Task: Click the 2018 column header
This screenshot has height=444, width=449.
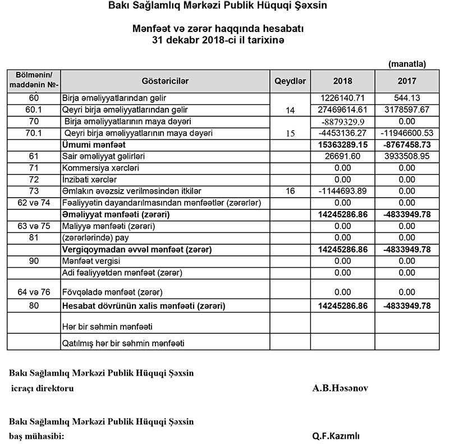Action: (342, 81)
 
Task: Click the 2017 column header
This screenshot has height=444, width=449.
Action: (406, 81)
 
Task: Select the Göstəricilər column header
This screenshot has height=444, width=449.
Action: (166, 81)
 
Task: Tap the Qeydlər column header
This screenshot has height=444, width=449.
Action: (290, 81)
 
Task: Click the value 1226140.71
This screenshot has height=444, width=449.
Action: (342, 98)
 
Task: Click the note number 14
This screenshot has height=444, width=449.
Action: (290, 111)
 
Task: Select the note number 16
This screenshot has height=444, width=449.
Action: (290, 191)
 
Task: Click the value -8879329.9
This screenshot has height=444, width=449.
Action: (342, 121)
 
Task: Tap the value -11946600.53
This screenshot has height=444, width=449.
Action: (406, 133)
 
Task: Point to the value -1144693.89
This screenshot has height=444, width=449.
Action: (342, 191)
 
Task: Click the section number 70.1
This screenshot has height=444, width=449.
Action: (34, 133)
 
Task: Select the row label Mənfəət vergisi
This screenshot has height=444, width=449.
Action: (88, 261)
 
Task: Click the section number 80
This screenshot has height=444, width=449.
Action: (34, 306)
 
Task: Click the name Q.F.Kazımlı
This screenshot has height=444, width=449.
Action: (336, 436)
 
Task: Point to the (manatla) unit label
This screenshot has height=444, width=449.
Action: (407, 64)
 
